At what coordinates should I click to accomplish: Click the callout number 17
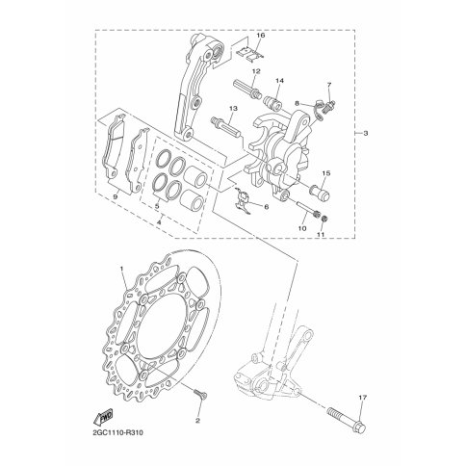pyautogui.click(x=363, y=398)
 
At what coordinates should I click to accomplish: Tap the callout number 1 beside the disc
pyautogui.click(x=121, y=268)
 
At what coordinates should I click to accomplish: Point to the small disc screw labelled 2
pyautogui.click(x=200, y=394)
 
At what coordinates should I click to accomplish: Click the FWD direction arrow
pyautogui.click(x=103, y=417)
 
